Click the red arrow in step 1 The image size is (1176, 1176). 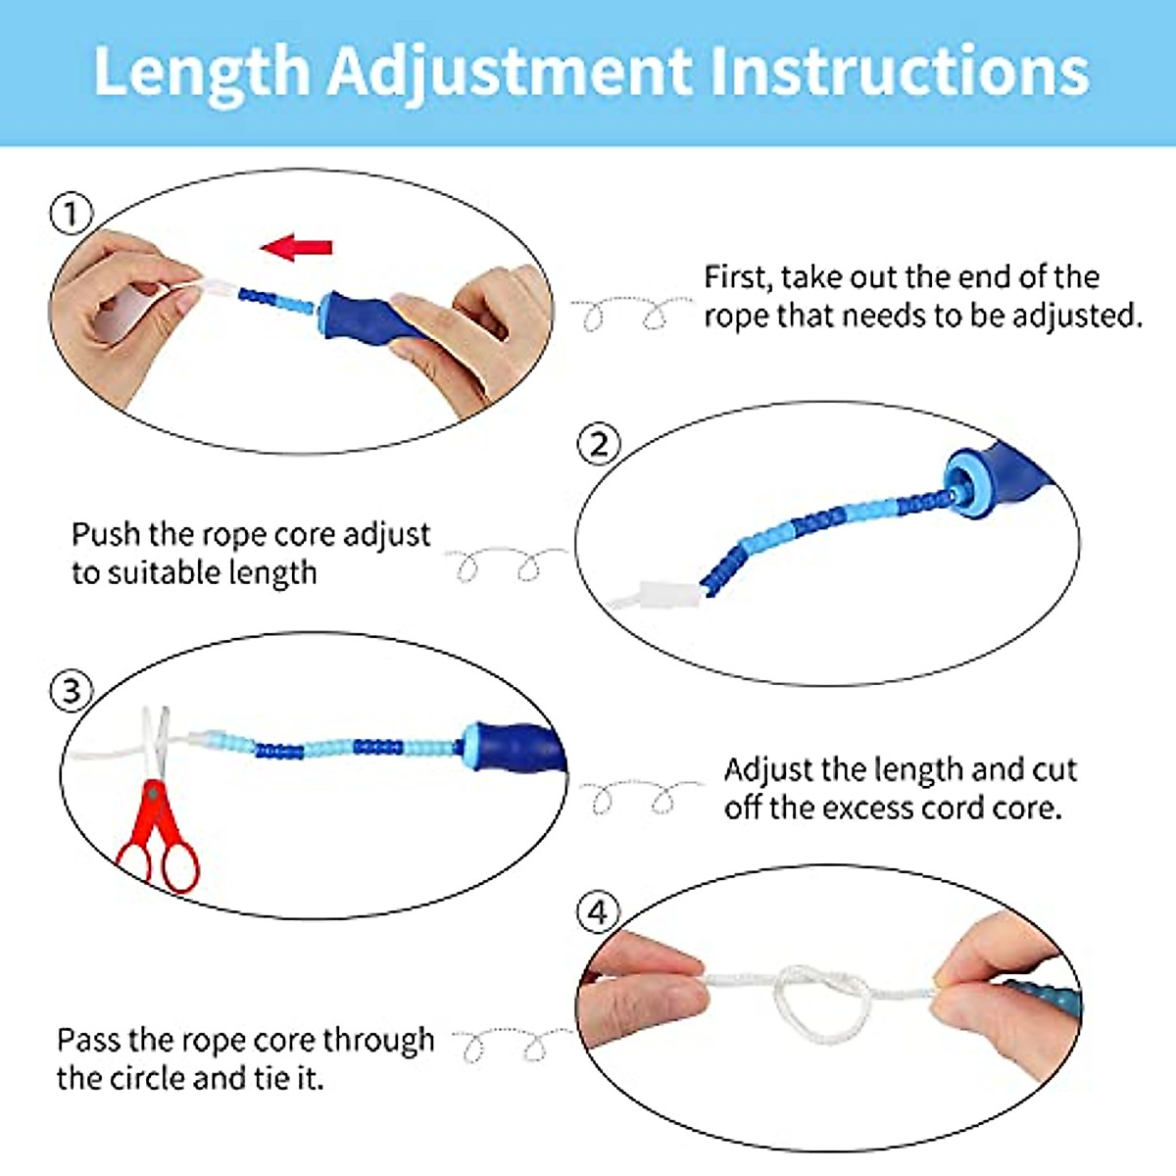297,247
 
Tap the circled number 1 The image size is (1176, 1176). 71,214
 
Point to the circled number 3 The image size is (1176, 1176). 71,691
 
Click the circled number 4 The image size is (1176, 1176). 597,912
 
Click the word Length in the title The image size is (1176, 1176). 201,71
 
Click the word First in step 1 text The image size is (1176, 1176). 736,277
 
